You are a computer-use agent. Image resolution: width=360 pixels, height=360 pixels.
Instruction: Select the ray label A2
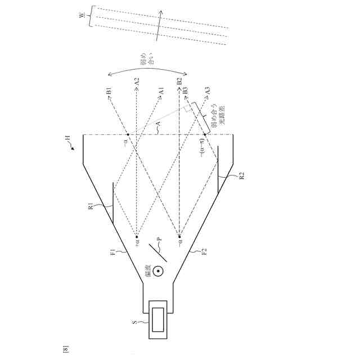(137, 84)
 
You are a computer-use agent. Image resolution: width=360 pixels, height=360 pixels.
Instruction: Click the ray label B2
(179, 84)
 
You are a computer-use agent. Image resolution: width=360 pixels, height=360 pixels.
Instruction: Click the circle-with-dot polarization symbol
(159, 272)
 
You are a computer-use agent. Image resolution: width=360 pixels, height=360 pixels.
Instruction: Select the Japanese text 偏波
(148, 272)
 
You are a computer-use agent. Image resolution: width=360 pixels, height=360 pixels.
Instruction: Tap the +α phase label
(136, 244)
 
